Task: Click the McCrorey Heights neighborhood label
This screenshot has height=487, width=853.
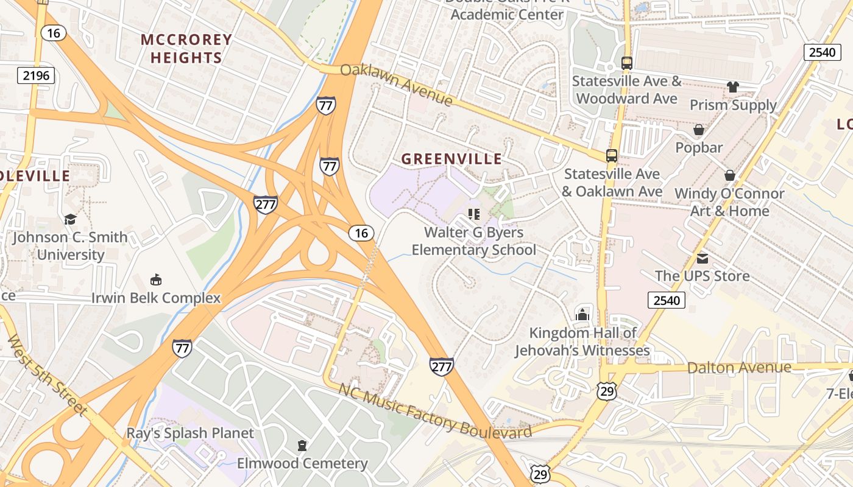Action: pyautogui.click(x=186, y=49)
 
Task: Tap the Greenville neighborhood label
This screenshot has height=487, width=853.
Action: pyautogui.click(x=451, y=159)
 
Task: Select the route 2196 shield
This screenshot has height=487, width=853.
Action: pyautogui.click(x=36, y=75)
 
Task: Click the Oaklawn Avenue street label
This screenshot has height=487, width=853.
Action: pyautogui.click(x=397, y=84)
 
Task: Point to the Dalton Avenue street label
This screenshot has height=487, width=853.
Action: pyautogui.click(x=739, y=368)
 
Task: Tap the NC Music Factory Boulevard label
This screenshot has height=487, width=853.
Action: pyautogui.click(x=435, y=411)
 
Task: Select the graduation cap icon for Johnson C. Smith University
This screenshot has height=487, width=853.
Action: pyautogui.click(x=70, y=219)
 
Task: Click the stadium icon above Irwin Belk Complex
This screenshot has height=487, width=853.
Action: pyautogui.click(x=156, y=280)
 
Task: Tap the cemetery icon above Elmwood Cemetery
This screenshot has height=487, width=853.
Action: pyautogui.click(x=302, y=446)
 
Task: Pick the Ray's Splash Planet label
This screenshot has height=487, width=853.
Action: pyautogui.click(x=189, y=433)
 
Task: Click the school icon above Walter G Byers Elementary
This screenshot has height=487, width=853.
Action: pyautogui.click(x=473, y=214)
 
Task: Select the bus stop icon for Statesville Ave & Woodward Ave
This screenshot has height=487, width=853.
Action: pyautogui.click(x=626, y=63)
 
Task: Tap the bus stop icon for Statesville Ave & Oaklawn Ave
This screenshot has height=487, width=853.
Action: pyautogui.click(x=611, y=156)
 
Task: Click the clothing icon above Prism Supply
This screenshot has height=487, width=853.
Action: pyautogui.click(x=732, y=87)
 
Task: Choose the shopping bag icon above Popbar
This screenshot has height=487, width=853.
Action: pyautogui.click(x=699, y=130)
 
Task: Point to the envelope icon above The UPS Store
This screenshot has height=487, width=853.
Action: pyautogui.click(x=702, y=258)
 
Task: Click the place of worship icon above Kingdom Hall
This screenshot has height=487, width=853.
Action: pyautogui.click(x=582, y=315)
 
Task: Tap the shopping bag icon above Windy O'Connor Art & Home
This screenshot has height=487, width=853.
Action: pyautogui.click(x=729, y=175)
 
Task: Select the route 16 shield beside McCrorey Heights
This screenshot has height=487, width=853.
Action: pyautogui.click(x=54, y=33)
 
